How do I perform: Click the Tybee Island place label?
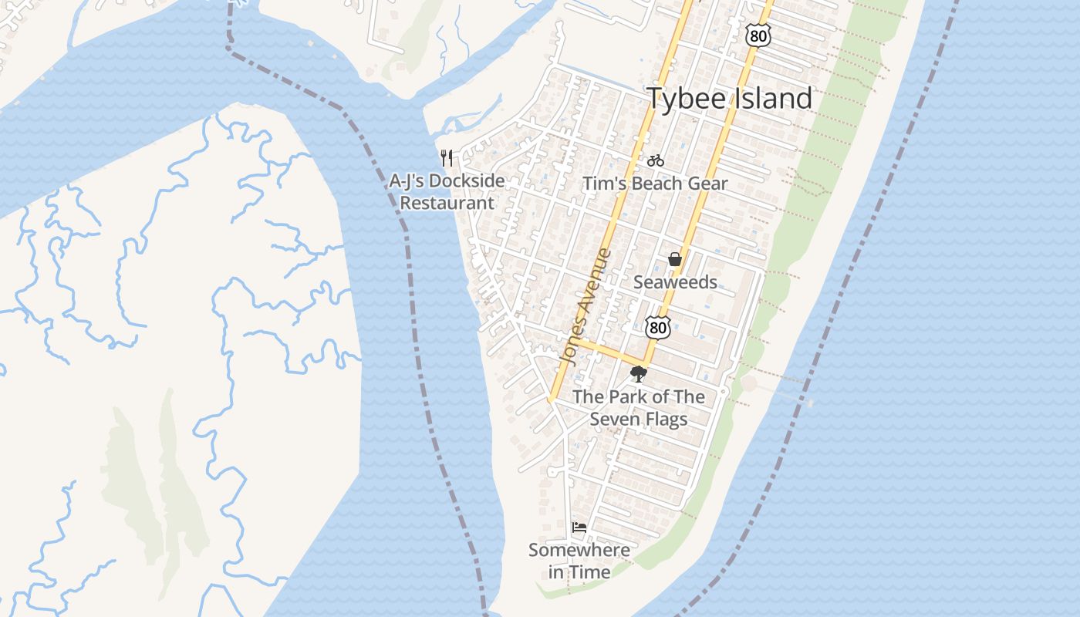pos(729,99)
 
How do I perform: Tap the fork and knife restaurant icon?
pos(446,158)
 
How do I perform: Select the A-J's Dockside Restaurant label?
pos(447,192)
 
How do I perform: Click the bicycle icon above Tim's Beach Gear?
pos(656,160)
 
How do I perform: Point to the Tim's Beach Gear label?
pos(655,184)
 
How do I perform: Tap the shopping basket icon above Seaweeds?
pos(675,259)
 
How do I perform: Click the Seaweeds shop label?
pos(675,282)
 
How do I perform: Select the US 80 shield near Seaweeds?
pos(658,327)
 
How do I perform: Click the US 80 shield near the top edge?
pos(758,34)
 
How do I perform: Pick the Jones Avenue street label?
pos(585,306)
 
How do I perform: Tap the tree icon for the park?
pos(638,375)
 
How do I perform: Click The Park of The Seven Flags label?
pos(639,408)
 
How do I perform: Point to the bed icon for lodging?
pos(579,528)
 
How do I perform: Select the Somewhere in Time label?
pos(579,561)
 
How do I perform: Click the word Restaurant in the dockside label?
pos(447,203)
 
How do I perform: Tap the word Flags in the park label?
pos(667,420)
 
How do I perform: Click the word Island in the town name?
pos(770,99)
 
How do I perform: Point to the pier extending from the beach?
pos(779,390)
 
